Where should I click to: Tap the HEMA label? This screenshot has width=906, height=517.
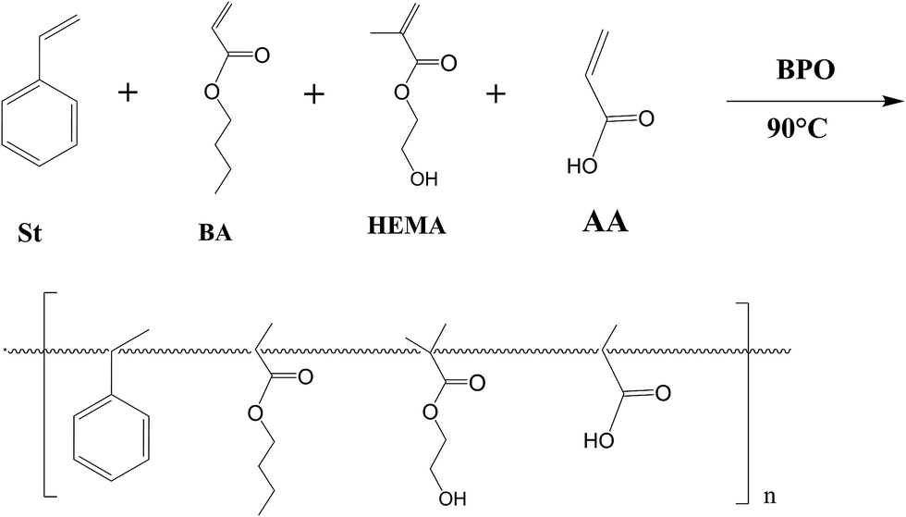(406, 225)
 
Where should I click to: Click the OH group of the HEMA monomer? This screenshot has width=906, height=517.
(428, 179)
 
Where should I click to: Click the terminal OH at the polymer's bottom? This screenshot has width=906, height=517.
(448, 500)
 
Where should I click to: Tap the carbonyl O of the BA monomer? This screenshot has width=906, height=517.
(263, 57)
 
